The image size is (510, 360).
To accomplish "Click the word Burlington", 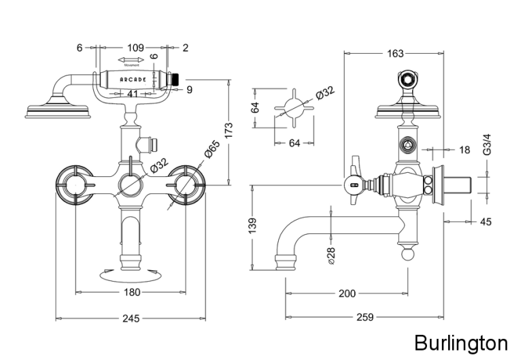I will click(460, 341).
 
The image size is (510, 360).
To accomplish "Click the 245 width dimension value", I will click(131, 318).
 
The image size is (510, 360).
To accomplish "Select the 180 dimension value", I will click(132, 292).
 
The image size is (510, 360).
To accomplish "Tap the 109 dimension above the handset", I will click(136, 48).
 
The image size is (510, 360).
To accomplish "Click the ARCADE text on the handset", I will click(133, 80).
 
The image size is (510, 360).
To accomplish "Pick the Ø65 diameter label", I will click(213, 148).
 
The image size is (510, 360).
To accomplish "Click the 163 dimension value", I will click(395, 53).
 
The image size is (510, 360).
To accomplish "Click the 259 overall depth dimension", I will click(366, 317).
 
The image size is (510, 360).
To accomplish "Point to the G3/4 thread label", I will click(486, 146).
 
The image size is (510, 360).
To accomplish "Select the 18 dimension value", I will click(464, 149).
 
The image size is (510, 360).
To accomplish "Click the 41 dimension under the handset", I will click(133, 94).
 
